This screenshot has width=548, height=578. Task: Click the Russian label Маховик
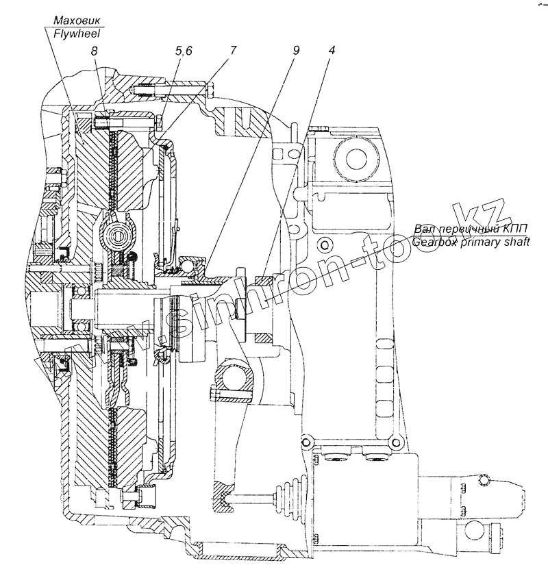[x=77, y=20]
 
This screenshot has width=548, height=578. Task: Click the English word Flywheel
[x=77, y=34]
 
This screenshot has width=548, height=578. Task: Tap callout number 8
[x=94, y=51]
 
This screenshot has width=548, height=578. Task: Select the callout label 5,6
[x=184, y=51]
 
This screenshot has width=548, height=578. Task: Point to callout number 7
[x=232, y=51]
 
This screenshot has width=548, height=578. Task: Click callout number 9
[x=296, y=51]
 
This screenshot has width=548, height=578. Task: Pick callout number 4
[x=331, y=51]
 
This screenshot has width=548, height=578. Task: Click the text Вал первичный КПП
[x=470, y=229]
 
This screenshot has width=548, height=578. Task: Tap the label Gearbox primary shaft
[x=471, y=242]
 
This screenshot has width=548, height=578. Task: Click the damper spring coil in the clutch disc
[x=118, y=235]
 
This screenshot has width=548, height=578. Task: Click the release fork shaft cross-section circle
[x=235, y=381]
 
